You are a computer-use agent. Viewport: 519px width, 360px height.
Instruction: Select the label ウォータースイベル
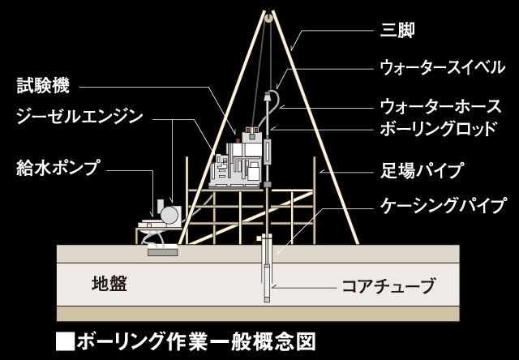pos(437,67)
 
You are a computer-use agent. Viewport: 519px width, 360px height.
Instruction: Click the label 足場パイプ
pos(422,170)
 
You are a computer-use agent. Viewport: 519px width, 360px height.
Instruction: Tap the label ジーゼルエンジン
pos(79,116)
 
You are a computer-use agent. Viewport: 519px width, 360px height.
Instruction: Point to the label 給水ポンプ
pos(57,168)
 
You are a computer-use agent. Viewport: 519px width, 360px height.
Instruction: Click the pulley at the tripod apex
pos(266,14)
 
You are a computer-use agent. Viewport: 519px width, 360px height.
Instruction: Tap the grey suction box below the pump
pos(162,253)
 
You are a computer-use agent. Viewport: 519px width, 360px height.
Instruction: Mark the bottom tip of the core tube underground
pos(267,300)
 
